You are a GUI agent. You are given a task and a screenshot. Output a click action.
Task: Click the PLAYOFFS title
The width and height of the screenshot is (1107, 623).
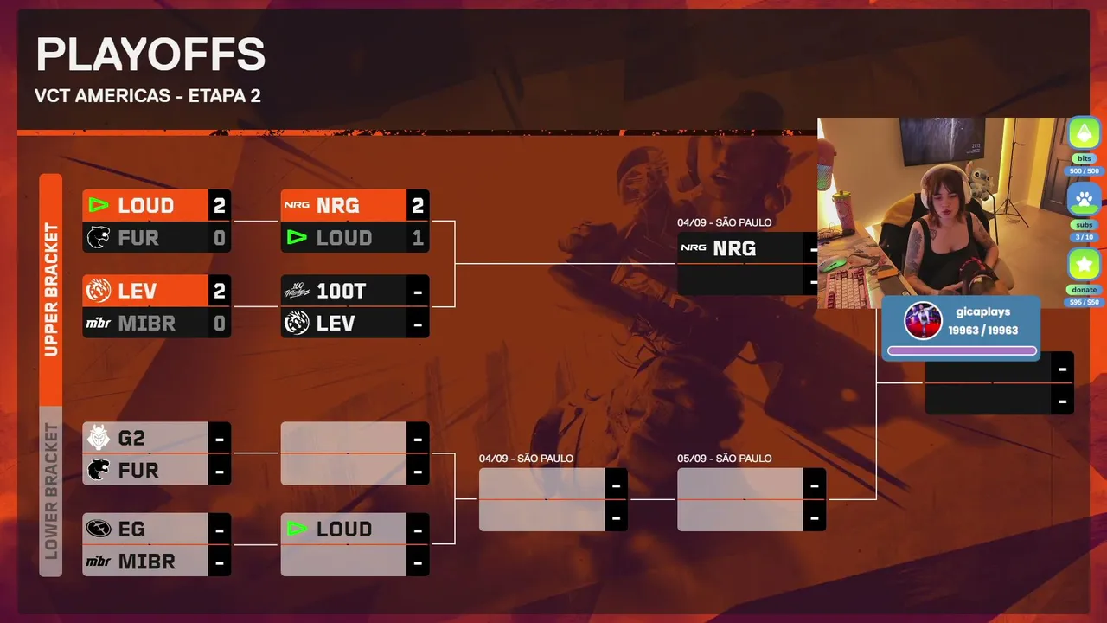150,55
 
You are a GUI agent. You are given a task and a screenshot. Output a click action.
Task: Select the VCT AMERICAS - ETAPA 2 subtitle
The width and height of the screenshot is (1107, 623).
148,95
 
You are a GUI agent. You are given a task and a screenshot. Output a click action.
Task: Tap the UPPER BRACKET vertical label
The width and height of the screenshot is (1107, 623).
51,289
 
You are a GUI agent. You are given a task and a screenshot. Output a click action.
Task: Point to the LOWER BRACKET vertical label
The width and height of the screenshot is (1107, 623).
51,491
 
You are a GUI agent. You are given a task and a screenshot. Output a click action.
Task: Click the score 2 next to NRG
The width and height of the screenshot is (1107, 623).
418,205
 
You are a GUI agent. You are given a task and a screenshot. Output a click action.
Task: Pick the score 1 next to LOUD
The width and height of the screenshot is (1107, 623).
418,238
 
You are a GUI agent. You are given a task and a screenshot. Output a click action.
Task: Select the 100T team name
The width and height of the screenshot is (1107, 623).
342,292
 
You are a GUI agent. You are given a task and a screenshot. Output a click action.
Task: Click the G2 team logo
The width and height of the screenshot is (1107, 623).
99,438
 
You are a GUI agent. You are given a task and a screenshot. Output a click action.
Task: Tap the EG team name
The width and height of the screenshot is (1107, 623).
131,530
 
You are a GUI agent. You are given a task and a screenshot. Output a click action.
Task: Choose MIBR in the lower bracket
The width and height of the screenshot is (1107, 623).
147,562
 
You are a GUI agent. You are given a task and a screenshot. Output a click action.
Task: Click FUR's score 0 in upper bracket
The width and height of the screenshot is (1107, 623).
220,238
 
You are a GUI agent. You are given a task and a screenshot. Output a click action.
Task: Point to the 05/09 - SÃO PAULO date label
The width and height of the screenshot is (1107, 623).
724,459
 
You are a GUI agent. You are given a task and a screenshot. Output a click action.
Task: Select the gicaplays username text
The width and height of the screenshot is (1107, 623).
983,312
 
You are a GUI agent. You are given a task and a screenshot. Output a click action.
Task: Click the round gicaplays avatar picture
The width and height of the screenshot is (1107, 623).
923,320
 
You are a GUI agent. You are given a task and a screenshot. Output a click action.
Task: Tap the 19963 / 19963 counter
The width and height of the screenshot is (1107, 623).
983,331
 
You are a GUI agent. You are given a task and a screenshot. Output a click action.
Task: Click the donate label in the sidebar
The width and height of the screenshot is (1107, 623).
1085,290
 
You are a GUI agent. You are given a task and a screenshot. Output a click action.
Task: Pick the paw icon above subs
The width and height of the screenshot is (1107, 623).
1085,199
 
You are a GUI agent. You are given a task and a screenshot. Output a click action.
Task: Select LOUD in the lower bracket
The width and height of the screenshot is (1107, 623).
344,530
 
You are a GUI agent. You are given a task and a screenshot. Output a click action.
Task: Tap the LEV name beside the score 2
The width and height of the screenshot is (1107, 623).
137,292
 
